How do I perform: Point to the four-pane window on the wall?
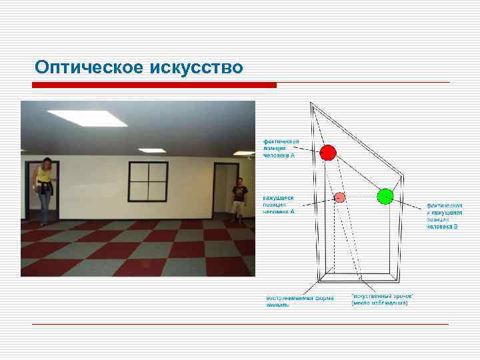click(147, 181)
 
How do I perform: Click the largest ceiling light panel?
click(87, 118)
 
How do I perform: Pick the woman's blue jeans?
click(45, 207)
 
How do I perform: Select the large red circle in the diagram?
click(327, 153)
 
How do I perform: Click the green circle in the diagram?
click(385, 196)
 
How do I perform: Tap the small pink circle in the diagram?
click(339, 197)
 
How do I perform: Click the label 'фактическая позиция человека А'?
click(279, 148)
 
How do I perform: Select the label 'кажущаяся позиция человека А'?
click(279, 205)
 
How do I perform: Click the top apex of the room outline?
click(311, 103)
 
